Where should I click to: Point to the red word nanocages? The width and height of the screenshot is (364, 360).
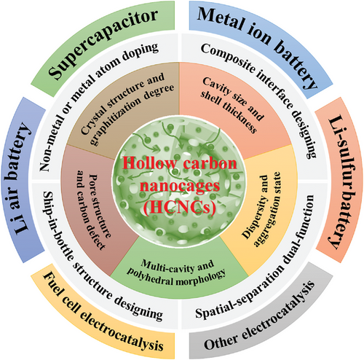pos(181,186)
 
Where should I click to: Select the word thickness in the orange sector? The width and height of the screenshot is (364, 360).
pos(240,116)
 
